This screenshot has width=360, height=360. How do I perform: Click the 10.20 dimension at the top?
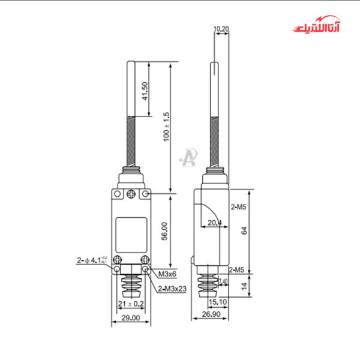pos(220,28)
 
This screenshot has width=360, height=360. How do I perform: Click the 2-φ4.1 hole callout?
pos(92,260)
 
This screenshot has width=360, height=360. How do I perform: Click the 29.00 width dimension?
pos(131,317)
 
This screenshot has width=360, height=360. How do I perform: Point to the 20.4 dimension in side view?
pos(214,223)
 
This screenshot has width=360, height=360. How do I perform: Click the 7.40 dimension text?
pos(223,281)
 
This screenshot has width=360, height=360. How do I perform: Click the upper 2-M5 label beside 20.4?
pos(239,208)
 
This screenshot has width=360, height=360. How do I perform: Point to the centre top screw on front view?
pos(131,194)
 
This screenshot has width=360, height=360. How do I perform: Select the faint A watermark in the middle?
pos(188,157)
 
